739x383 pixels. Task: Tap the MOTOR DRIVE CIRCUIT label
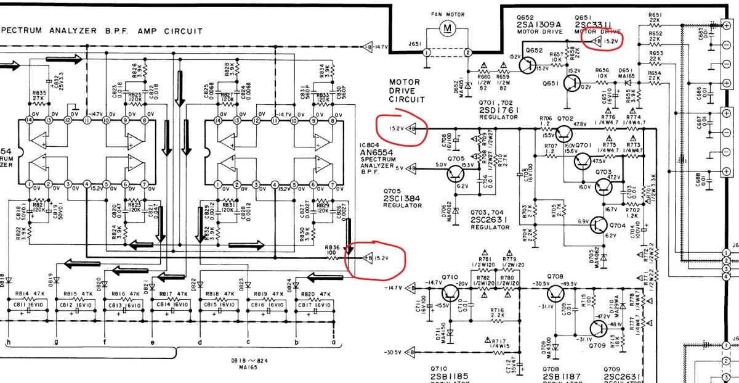(406, 90)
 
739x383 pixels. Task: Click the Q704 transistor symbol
(599, 226)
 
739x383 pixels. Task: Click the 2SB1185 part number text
(451, 376)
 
